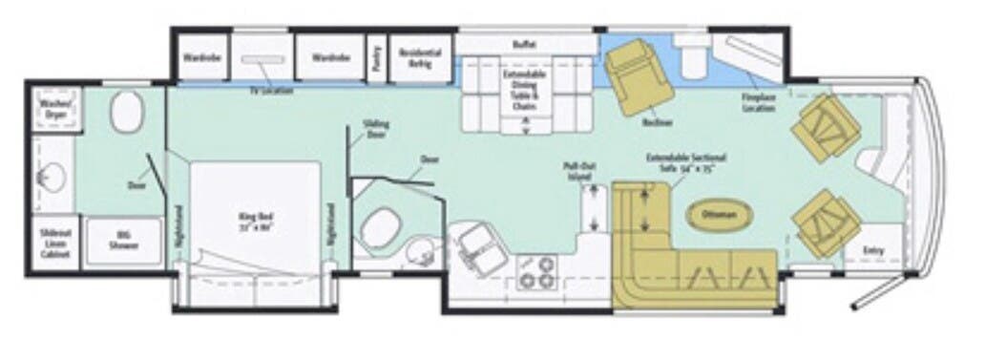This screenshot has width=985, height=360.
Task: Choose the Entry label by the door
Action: (872, 250)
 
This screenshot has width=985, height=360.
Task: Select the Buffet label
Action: (524, 44)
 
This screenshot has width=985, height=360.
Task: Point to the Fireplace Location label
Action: (760, 103)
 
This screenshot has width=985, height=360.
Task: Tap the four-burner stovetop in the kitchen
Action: (535, 272)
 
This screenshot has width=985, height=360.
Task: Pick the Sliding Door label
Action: (376, 129)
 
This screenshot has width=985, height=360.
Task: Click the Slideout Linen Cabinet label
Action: (54, 244)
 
